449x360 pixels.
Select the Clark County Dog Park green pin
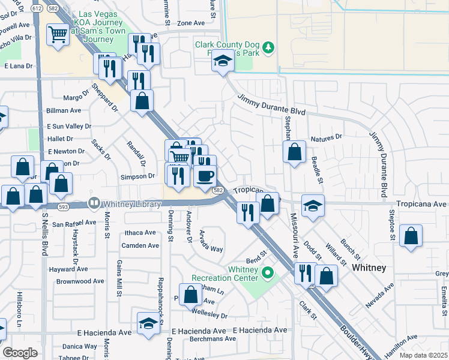click(270, 47)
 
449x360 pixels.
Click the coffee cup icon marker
click(205, 175)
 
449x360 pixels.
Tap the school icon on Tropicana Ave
click(313, 206)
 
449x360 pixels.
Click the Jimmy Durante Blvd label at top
click(271, 105)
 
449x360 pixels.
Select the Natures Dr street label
click(326, 137)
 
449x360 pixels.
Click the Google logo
click(20, 353)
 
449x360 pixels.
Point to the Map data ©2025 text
click(424, 355)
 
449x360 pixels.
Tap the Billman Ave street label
click(64, 111)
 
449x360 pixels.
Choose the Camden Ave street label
click(140, 245)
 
